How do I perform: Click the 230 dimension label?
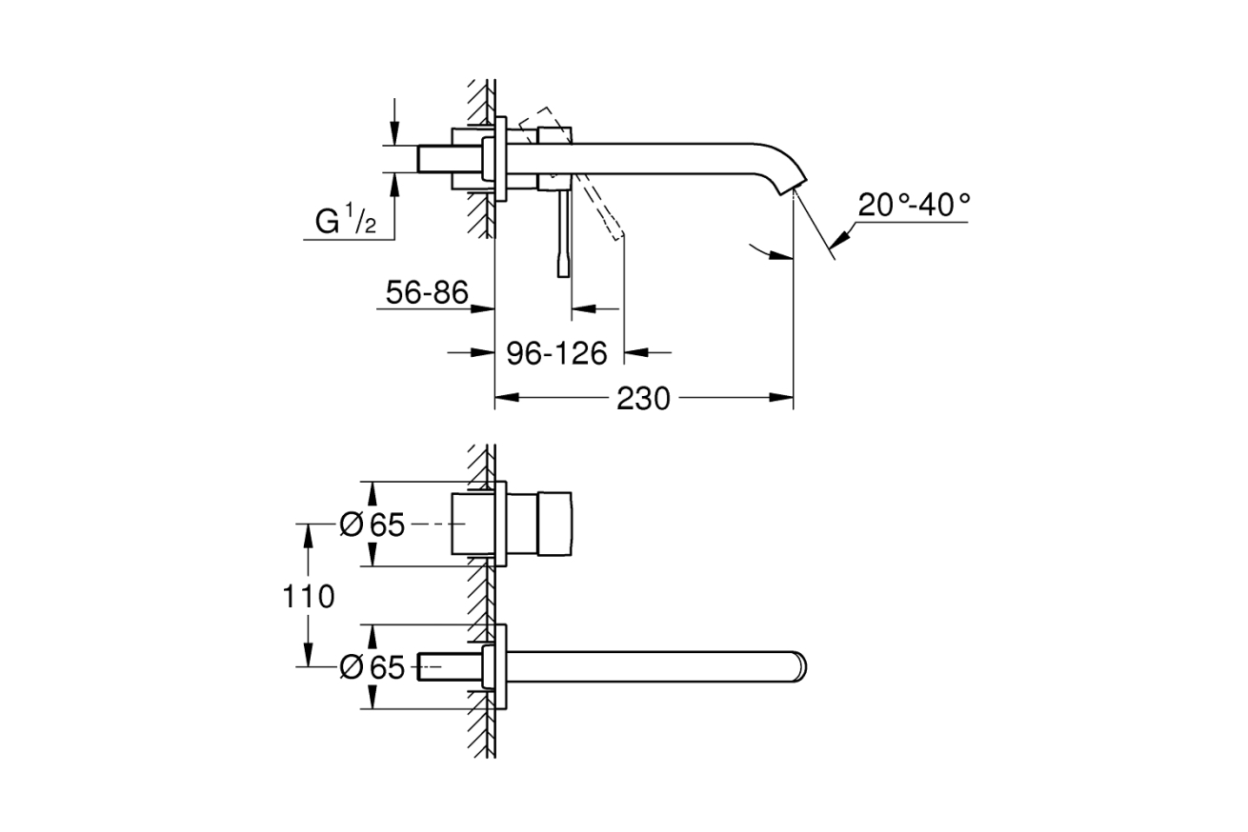pyautogui.click(x=643, y=398)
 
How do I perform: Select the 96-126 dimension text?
pyautogui.click(x=556, y=353)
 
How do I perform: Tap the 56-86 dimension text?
pyautogui.click(x=427, y=293)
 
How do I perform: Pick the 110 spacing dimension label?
pyautogui.click(x=308, y=597)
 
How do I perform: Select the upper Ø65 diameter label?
pyautogui.click(x=372, y=525)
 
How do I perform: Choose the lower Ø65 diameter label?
pyautogui.click(x=372, y=668)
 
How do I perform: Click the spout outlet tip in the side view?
pyautogui.click(x=796, y=183)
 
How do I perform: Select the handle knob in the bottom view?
pyautogui.click(x=556, y=525)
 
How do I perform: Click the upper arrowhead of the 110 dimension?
pyautogui.click(x=308, y=534)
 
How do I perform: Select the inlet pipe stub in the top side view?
pyautogui.click(x=436, y=158)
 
